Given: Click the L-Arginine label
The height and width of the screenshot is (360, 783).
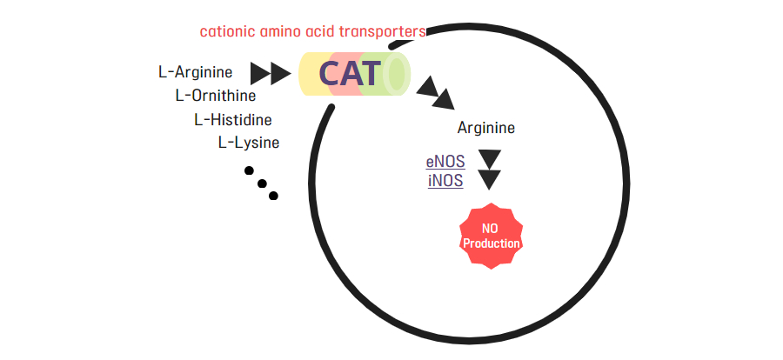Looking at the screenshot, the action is coord(195,72).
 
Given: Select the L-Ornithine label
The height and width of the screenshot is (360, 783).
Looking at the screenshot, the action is coord(215,96).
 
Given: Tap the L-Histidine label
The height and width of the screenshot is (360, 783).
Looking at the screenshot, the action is coord(233,120).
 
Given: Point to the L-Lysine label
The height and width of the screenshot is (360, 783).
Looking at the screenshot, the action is coord(249,143).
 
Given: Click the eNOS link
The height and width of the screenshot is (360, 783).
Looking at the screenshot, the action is coord(445,162).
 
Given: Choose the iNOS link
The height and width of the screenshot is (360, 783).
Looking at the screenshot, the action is coord(445,181).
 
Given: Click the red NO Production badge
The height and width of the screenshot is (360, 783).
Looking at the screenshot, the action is coord(491,236).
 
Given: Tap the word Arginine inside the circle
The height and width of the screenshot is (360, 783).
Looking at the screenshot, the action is coord(485,129).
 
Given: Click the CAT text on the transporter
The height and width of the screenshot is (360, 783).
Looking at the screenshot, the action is coord(350,73).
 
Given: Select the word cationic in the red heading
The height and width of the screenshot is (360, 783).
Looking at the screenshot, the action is coord(228,31).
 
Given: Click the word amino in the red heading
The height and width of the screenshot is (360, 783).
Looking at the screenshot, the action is coord(281,31).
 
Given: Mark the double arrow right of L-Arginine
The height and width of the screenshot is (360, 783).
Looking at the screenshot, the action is coord(271,74).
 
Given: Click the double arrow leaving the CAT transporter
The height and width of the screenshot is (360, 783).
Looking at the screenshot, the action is coord(435,93).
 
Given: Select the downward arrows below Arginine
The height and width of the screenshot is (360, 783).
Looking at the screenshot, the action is coord(489,170).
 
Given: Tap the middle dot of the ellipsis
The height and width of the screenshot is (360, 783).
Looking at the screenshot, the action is coord(262,183).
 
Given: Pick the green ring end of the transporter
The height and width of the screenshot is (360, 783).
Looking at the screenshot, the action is coord(397,73).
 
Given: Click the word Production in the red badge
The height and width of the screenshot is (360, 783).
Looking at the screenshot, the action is coord(492,243).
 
